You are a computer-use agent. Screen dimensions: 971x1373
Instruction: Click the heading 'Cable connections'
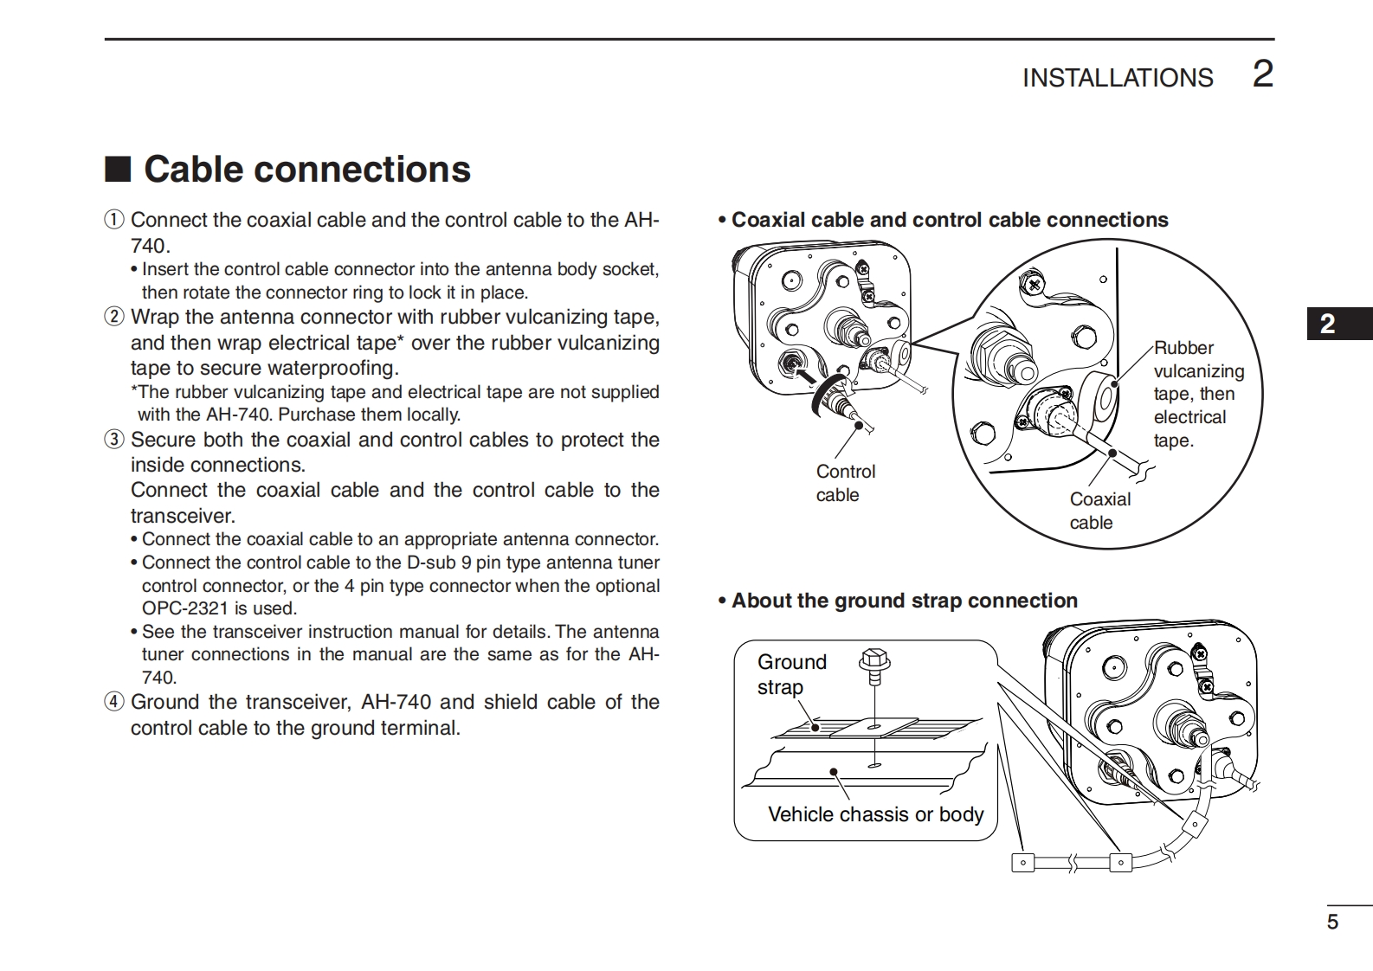tap(306, 169)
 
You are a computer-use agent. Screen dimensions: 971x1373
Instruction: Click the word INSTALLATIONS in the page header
tap(1117, 78)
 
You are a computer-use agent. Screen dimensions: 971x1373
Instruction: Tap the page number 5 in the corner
tap(1332, 922)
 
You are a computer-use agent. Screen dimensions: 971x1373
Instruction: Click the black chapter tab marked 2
tap(1328, 325)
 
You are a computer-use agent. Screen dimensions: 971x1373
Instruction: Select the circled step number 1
tap(114, 220)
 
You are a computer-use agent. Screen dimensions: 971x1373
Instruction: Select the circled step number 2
tap(114, 317)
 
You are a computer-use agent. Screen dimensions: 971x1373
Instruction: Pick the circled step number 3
tap(114, 440)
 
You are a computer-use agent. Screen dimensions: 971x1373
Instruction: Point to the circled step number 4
tap(114, 702)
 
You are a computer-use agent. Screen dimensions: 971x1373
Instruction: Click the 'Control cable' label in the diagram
tap(845, 483)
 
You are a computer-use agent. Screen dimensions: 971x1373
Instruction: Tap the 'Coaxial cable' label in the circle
tap(1099, 511)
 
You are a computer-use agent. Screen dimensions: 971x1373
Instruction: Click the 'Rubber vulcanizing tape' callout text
tap(1198, 394)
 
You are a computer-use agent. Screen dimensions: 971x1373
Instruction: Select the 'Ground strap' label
tap(791, 674)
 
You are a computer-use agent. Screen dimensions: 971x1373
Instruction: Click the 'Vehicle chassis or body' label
tap(875, 814)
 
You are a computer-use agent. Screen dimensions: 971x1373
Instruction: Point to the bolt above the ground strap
tap(874, 663)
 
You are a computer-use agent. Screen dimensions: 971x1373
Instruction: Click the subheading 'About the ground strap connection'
tap(904, 601)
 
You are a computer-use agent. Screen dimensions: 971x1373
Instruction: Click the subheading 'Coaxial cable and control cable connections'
tap(949, 220)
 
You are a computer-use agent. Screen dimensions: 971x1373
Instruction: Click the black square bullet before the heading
tap(117, 170)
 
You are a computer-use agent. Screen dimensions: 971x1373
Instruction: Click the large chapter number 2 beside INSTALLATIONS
tap(1263, 74)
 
